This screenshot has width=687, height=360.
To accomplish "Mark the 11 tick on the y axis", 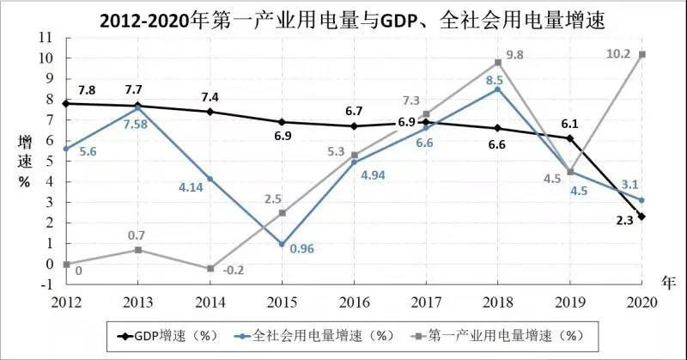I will (x=46, y=38).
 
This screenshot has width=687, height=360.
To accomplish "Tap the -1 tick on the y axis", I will (x=46, y=284).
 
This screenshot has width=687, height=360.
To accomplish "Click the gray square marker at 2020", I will (x=642, y=54).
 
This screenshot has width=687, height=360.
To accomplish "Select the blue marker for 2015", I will (x=282, y=244).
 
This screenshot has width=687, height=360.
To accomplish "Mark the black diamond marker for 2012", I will (x=66, y=103).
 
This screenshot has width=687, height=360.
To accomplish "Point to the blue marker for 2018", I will (x=498, y=88).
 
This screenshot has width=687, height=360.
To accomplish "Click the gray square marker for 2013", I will (x=138, y=249).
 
